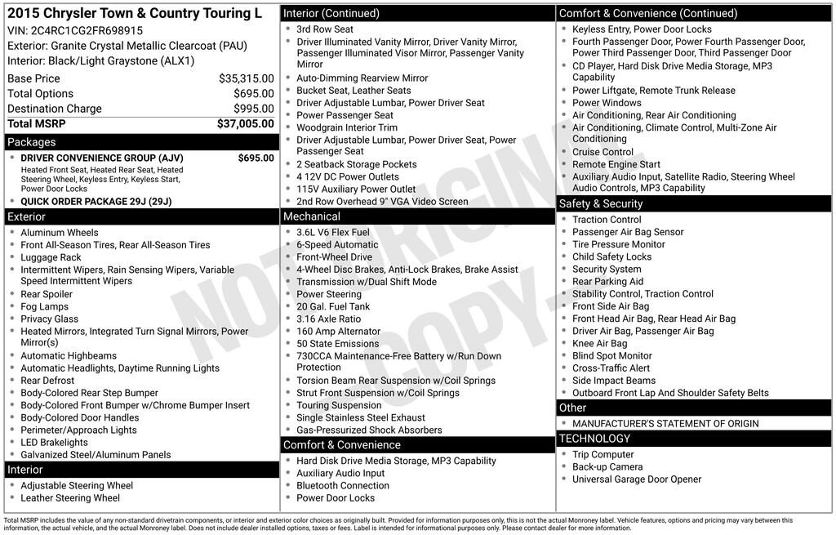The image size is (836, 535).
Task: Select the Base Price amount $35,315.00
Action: click(246, 78)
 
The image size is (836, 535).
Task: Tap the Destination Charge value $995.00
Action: click(253, 109)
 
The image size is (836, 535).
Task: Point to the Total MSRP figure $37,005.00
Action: click(245, 124)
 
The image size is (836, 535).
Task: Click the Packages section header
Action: click(32, 142)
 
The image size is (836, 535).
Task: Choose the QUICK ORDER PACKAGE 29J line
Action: click(96, 202)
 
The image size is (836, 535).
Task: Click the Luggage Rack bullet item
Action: click(51, 257)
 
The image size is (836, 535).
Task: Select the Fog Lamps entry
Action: click(44, 306)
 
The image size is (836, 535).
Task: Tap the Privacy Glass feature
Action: click(49, 319)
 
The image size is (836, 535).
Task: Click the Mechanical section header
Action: click(311, 216)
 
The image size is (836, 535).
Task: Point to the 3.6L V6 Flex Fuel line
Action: click(332, 233)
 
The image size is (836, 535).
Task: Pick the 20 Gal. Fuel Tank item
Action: click(332, 306)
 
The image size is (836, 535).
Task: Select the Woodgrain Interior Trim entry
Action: click(346, 127)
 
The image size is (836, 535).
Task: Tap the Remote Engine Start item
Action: click(616, 164)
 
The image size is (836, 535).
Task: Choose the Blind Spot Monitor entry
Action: click(611, 356)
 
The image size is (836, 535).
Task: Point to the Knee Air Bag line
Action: click(599, 344)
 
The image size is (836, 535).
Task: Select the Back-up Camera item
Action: click(607, 467)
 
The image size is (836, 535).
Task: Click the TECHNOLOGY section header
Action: click(594, 439)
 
